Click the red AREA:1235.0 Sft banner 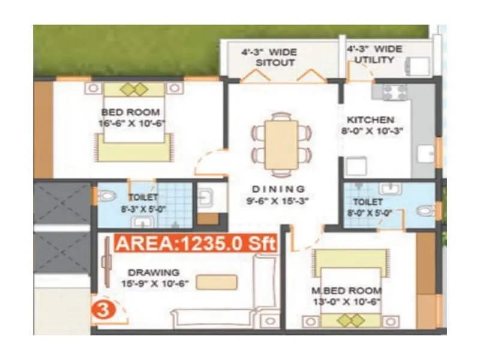point(194,244)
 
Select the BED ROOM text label point(130,112)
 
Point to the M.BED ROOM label point(346,291)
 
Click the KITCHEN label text point(370,119)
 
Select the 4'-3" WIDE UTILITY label point(374,54)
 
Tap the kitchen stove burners point(394,92)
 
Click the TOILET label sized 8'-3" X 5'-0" point(143,197)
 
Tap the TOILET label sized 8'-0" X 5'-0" point(368,203)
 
